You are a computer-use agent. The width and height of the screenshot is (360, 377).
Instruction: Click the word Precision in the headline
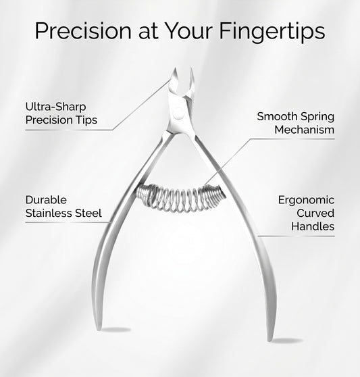click(x=83, y=31)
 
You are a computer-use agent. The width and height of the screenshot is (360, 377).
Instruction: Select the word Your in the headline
click(x=190, y=31)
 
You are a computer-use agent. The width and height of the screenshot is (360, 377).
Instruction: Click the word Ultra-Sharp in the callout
click(x=55, y=107)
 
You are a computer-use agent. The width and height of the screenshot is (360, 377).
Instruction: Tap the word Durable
click(x=46, y=200)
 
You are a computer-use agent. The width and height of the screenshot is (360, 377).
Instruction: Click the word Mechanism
click(x=305, y=130)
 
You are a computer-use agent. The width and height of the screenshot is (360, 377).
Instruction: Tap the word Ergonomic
click(x=306, y=200)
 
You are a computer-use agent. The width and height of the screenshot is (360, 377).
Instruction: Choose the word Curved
click(x=315, y=213)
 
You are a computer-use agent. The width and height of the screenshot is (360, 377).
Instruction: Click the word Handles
click(x=313, y=226)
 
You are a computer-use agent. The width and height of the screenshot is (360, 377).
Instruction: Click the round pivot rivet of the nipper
click(x=178, y=114)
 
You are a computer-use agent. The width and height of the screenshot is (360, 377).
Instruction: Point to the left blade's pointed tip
click(x=175, y=68)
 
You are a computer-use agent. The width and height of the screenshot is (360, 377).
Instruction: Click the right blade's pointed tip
click(x=191, y=68)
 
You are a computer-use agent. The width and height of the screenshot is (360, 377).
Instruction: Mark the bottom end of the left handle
click(x=99, y=329)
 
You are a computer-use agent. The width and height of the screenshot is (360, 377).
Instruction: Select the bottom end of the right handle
click(x=269, y=340)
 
